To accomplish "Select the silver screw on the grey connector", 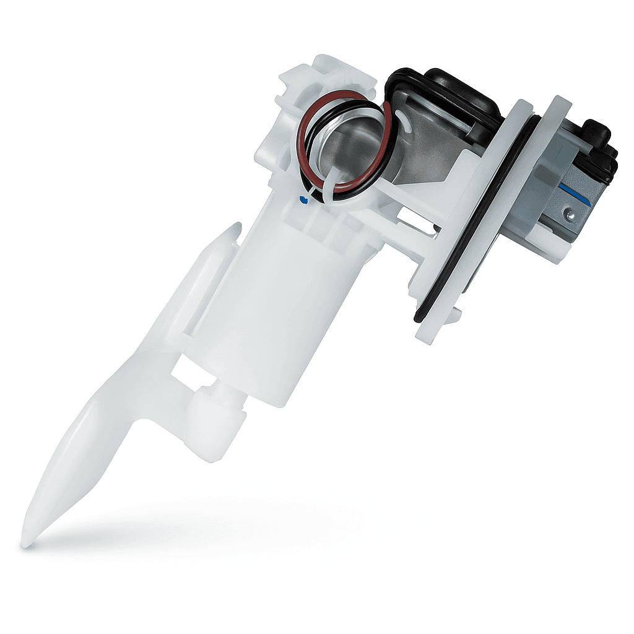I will [569, 214].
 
